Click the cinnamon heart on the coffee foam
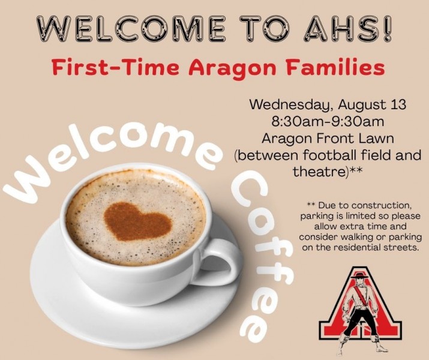click(x=137, y=221)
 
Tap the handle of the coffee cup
click(x=219, y=262)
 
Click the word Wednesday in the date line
click(x=291, y=105)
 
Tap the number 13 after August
click(x=397, y=104)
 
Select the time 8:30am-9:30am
click(x=328, y=121)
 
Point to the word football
click(x=330, y=155)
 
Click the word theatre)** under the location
click(x=328, y=172)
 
